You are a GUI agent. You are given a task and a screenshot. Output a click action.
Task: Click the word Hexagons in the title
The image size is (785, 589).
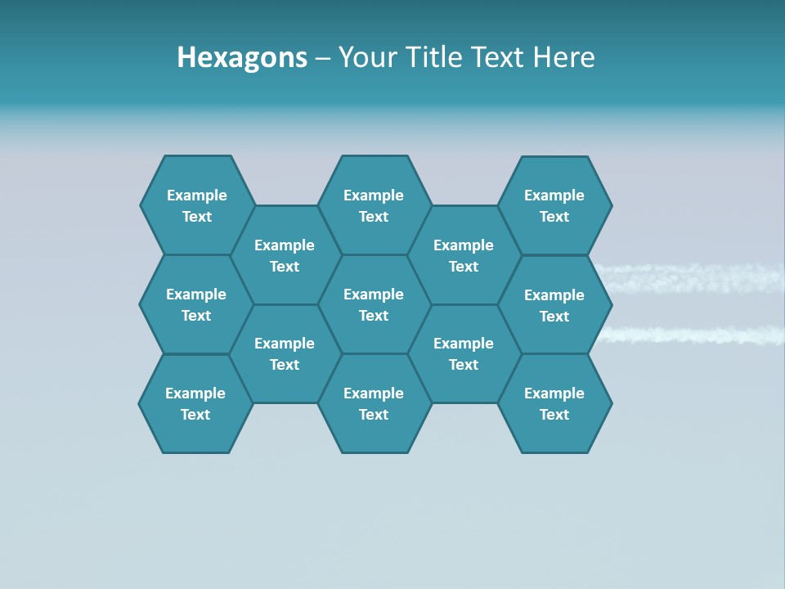242,57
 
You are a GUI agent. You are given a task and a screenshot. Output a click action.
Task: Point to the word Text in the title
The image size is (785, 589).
498,57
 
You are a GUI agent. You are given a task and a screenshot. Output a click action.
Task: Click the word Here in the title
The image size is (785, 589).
563,57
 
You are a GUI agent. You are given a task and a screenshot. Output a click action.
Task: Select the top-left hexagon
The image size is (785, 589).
196,205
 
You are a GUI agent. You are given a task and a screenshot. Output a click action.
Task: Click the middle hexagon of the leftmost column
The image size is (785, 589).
196,304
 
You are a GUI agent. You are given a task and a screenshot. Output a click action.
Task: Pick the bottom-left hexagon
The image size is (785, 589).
195,403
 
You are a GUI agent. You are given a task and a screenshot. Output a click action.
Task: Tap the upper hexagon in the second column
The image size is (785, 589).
285,255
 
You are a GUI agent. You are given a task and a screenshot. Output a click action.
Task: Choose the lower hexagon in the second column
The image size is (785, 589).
285,353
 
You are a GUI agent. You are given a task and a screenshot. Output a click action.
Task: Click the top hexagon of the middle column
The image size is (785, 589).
374,205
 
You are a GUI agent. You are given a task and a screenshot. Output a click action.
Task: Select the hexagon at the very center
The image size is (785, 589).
374,304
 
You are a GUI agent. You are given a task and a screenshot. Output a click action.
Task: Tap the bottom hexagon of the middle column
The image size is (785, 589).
374,403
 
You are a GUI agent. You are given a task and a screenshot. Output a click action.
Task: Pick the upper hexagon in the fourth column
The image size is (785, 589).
464,255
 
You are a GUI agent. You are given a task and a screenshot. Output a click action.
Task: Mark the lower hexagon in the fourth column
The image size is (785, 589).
464,353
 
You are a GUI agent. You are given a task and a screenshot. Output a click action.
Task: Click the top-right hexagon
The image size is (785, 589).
554,205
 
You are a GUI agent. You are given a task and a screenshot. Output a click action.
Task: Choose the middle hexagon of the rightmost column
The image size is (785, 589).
554,305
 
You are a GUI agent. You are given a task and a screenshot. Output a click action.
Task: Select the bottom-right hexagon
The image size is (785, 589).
554,403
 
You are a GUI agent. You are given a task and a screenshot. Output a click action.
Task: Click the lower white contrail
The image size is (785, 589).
695,335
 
